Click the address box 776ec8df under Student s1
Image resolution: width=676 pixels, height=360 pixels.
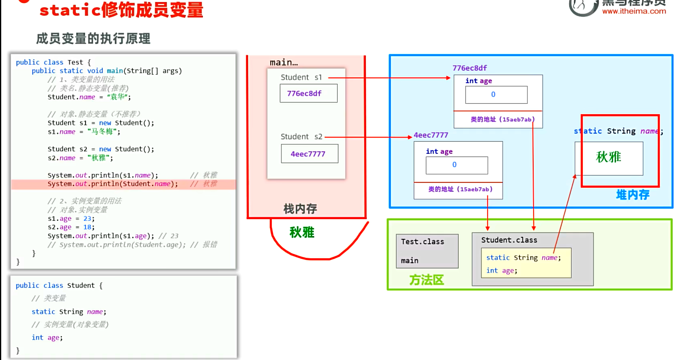(309, 93)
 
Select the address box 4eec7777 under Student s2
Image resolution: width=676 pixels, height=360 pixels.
(309, 154)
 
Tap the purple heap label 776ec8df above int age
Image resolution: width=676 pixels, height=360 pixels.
(469, 68)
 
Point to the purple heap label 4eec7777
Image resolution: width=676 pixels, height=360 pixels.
(431, 135)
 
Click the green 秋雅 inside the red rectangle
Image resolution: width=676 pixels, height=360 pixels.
(608, 157)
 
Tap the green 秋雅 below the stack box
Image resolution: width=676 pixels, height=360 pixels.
(302, 232)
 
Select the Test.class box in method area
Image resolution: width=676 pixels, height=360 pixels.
(427, 251)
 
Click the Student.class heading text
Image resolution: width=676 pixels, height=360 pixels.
(509, 240)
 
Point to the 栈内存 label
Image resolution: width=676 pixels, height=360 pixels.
(300, 209)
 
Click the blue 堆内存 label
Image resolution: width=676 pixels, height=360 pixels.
(632, 195)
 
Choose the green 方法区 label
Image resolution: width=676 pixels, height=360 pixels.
(426, 280)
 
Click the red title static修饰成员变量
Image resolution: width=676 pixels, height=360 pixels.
(121, 10)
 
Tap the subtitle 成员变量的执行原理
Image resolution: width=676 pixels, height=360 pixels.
(93, 39)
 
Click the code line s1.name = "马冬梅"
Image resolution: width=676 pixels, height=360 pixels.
(84, 132)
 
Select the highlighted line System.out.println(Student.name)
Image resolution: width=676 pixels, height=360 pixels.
(113, 184)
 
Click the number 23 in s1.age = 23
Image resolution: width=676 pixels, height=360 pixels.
(88, 219)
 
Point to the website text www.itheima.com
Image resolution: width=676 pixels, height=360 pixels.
(634, 11)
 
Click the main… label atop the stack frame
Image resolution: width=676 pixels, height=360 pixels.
(284, 63)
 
